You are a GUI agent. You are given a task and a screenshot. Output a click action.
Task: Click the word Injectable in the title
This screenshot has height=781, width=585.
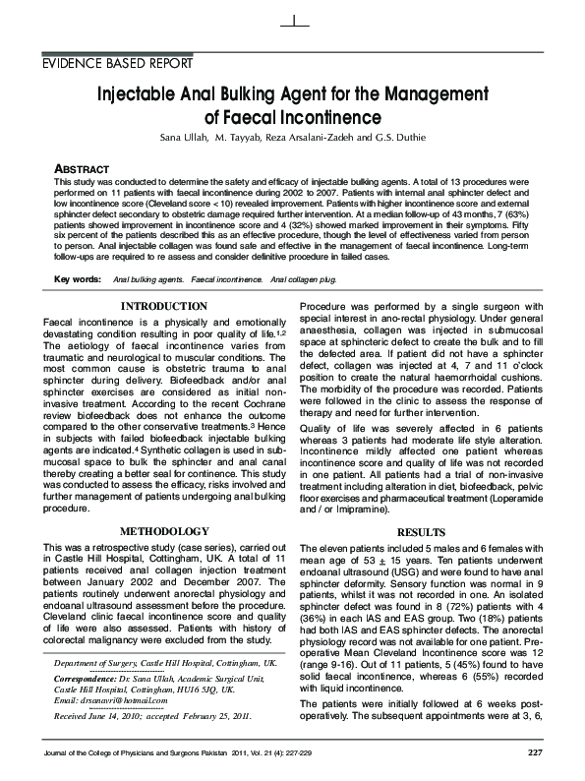click(141, 95)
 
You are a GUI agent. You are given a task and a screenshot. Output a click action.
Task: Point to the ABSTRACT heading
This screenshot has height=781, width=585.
click(78, 169)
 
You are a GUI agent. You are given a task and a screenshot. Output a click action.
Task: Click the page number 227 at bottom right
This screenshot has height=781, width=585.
click(534, 752)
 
